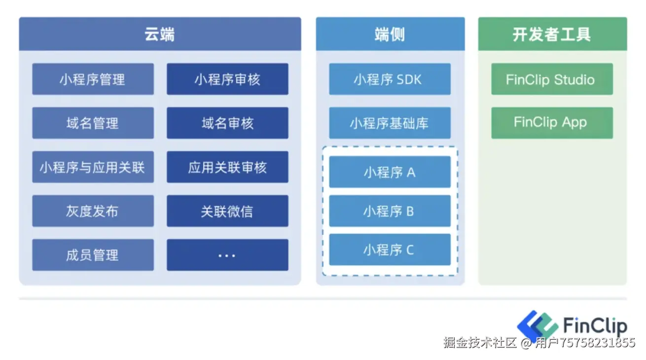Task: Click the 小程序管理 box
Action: click(x=93, y=79)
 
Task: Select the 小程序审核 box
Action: click(x=227, y=79)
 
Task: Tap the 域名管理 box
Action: click(x=93, y=123)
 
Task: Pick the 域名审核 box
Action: click(x=227, y=123)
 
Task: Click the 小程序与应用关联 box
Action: click(x=93, y=167)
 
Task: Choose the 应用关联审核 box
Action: click(x=227, y=167)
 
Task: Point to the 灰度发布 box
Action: click(x=93, y=211)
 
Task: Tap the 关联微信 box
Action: click(x=227, y=211)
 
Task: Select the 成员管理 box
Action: click(x=93, y=255)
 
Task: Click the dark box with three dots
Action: click(x=227, y=255)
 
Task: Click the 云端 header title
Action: click(x=160, y=35)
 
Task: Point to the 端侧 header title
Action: click(x=390, y=35)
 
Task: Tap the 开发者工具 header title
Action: click(x=552, y=35)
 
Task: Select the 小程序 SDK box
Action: click(x=390, y=79)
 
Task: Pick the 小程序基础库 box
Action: click(x=390, y=123)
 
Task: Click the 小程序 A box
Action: click(x=390, y=172)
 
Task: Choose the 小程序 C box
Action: click(x=390, y=250)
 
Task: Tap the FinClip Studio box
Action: click(x=551, y=79)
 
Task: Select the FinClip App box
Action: click(x=551, y=123)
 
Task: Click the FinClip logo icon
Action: click(x=537, y=325)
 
